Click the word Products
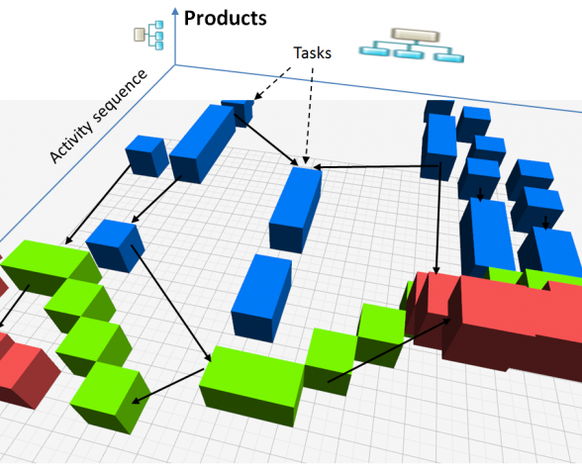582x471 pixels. tap(226, 18)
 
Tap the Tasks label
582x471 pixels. tap(312, 52)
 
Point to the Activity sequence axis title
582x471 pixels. tap(98, 116)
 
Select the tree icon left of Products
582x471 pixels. tap(148, 35)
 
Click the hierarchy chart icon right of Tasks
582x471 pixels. tap(412, 45)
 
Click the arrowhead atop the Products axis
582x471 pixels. tap(175, 11)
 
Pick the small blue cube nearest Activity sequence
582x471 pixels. tap(146, 156)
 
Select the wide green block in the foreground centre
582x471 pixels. tap(251, 386)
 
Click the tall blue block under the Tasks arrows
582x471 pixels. tap(295, 210)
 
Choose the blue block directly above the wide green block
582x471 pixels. tap(261, 298)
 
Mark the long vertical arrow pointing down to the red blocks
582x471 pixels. tap(438, 219)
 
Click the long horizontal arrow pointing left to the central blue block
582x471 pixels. tap(376, 167)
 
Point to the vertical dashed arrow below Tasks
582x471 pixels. tap(309, 116)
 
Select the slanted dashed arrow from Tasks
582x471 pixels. tap(272, 83)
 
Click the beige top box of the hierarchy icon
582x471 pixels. tap(416, 36)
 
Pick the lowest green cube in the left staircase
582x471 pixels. tap(111, 397)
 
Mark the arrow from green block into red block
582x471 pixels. tap(390, 349)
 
